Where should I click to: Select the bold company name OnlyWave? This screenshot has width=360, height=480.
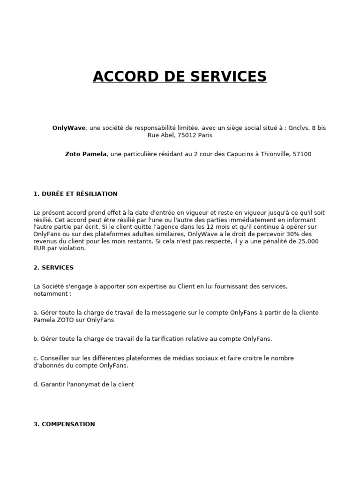tap(69, 127)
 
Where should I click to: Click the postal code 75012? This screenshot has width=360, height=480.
tap(185, 135)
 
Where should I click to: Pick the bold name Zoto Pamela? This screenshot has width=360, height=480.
tap(86, 154)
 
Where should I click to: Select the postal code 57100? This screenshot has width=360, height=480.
tap(302, 154)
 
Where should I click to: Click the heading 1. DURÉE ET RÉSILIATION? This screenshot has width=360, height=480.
tap(75, 194)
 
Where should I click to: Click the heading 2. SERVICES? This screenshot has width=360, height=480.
tap(53, 268)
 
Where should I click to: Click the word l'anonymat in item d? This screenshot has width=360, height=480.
tap(86, 384)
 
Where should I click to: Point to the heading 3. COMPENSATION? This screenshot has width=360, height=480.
tap(64, 424)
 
